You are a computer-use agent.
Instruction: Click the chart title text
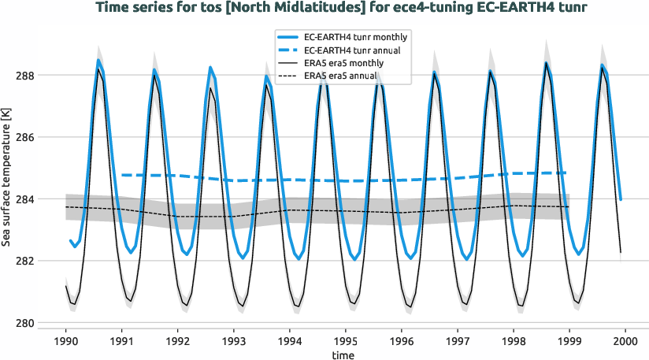tap(324, 9)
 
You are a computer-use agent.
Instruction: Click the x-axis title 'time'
tap(343, 355)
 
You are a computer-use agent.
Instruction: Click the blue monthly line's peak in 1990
tap(98, 60)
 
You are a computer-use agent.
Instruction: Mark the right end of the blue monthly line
tap(621, 199)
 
